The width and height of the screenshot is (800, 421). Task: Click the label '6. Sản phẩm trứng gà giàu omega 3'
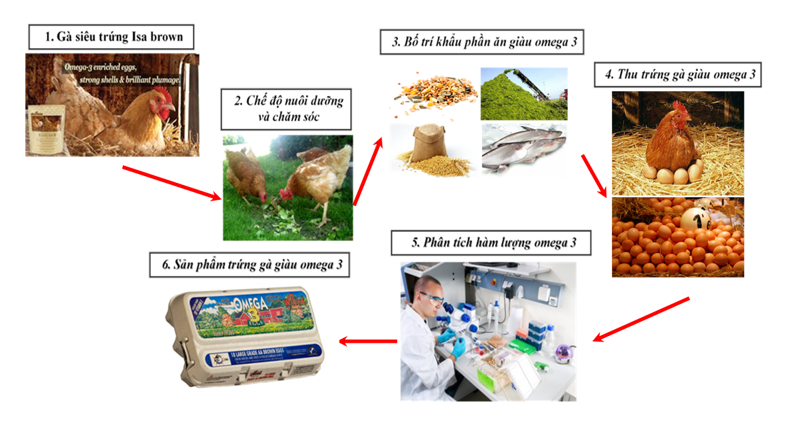click(249, 264)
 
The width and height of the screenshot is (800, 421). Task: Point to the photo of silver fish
click(524, 148)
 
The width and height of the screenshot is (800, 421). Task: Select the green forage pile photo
click(524, 94)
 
